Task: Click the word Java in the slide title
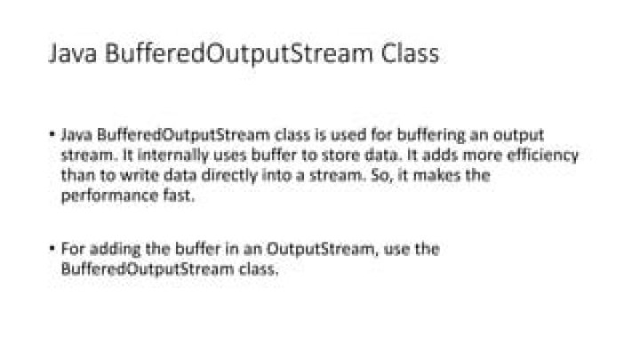tap(72, 54)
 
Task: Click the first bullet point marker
tap(52, 135)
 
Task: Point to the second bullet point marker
tap(52, 250)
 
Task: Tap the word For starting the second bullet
tap(73, 250)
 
